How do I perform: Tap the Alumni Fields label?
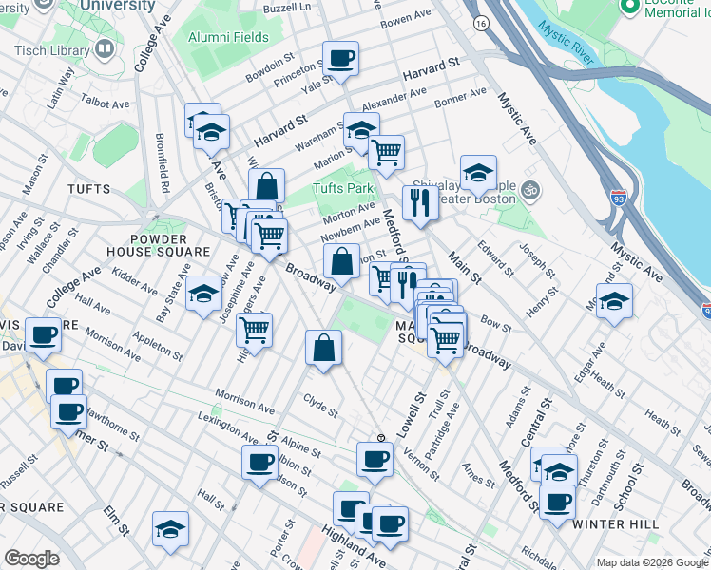tap(228, 38)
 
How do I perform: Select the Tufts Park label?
tap(344, 188)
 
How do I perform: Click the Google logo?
tap(31, 558)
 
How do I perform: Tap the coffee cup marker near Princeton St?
tap(340, 59)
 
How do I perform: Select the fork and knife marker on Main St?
tap(418, 201)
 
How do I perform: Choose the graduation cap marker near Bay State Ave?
tap(203, 294)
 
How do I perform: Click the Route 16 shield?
tap(482, 22)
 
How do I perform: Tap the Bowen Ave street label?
tap(408, 17)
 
